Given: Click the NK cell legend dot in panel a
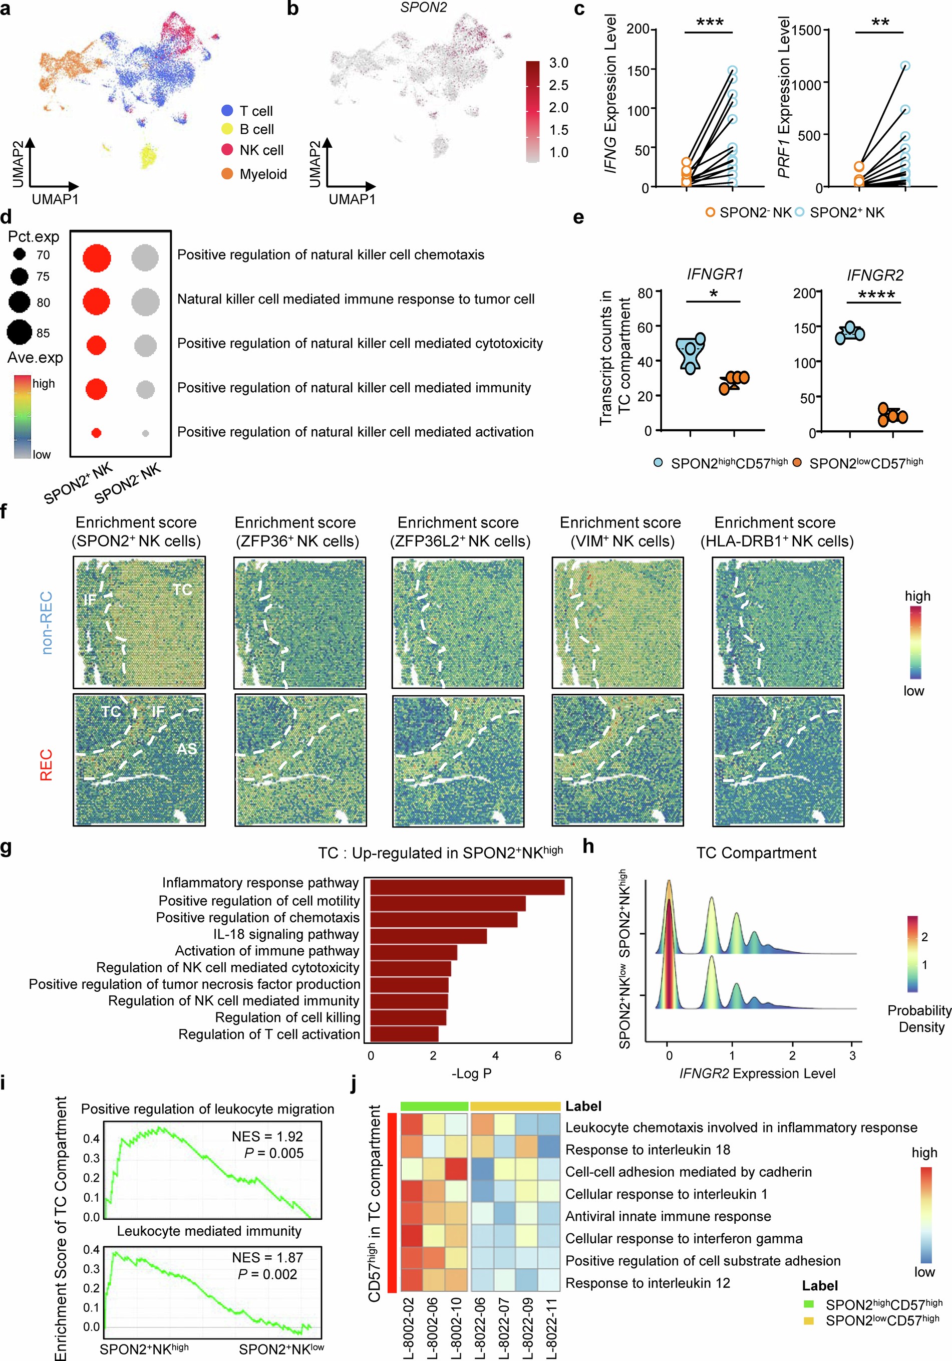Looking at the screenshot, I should click(x=227, y=150).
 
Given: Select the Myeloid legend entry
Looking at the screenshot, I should click(x=262, y=174).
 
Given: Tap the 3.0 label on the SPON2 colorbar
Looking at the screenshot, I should click(x=558, y=63).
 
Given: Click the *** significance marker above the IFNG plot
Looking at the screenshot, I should click(x=710, y=23).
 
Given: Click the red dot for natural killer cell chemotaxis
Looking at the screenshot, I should click(x=97, y=258).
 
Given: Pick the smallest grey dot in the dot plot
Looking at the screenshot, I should click(x=145, y=433).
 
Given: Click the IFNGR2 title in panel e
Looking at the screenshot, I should click(x=875, y=275).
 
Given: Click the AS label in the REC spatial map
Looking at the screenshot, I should click(x=187, y=749).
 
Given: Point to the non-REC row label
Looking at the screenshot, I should click(x=46, y=623).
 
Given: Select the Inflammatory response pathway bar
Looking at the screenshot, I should click(x=467, y=887).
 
